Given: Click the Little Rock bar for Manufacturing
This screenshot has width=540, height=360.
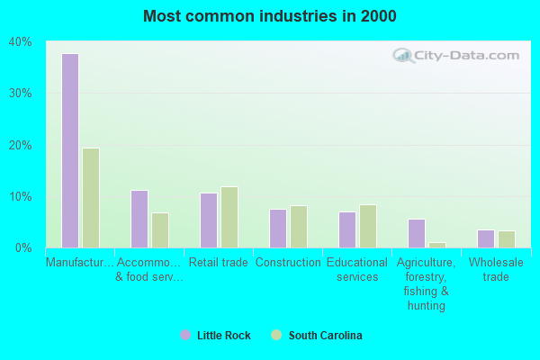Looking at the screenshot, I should (70, 150).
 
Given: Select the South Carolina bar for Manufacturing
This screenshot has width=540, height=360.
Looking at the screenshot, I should (91, 198).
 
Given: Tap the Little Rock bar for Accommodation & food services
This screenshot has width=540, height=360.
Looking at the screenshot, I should (139, 219).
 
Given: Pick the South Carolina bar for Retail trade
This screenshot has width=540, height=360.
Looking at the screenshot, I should (229, 217).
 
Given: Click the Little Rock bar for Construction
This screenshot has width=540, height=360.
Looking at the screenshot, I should (278, 229).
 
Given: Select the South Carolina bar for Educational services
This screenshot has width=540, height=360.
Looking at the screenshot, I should (368, 226).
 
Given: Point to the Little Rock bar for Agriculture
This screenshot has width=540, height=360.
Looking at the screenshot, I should (417, 233).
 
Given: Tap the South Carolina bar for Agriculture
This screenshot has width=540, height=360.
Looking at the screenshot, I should (437, 245).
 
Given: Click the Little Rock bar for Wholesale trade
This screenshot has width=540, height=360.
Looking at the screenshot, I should (486, 238).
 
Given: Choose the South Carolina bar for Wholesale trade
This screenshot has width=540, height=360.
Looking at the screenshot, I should (507, 239).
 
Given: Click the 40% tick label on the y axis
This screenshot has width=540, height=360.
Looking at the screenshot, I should (21, 41).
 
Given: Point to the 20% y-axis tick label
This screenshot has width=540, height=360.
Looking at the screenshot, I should (21, 145).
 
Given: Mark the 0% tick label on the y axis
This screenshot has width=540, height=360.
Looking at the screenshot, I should (23, 247).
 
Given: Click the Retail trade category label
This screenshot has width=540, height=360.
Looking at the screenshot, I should (219, 263).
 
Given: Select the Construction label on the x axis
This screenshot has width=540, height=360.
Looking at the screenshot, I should (288, 263).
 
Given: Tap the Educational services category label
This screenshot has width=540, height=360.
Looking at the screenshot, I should (357, 270).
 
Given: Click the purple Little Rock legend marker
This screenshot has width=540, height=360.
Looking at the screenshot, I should (185, 336).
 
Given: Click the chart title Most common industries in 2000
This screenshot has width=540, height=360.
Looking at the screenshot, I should (269, 16).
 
